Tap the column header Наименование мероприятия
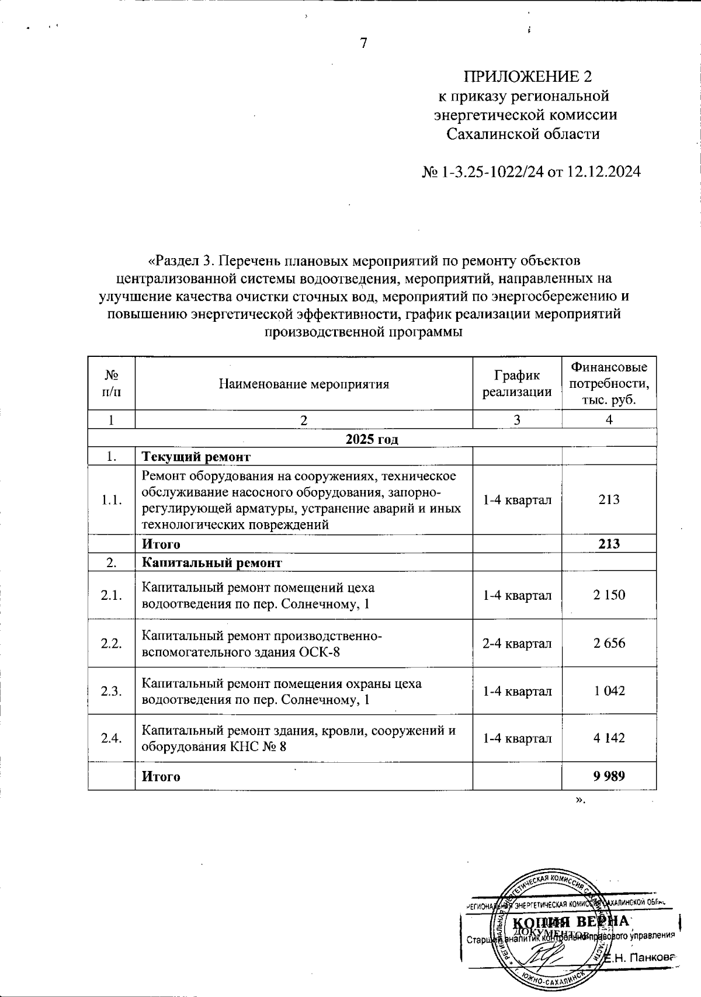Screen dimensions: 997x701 pyautogui.click(x=304, y=384)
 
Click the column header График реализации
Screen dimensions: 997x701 pyautogui.click(x=517, y=384)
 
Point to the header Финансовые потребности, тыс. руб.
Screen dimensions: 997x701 pyautogui.click(x=609, y=384)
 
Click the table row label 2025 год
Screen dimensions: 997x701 pyautogui.click(x=372, y=439)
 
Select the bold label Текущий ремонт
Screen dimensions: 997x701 pyautogui.click(x=196, y=457)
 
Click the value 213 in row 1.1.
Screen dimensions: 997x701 pyautogui.click(x=609, y=500)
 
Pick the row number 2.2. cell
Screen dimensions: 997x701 pyautogui.click(x=111, y=644)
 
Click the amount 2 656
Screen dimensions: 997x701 pyautogui.click(x=609, y=644)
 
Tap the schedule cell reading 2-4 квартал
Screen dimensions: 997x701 pyautogui.click(x=517, y=644)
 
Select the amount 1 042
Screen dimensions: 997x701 pyautogui.click(x=609, y=691)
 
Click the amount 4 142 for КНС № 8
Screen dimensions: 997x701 pyautogui.click(x=609, y=738)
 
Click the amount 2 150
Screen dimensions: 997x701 pyautogui.click(x=609, y=595)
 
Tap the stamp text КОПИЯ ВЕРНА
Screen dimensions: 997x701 pyautogui.click(x=571, y=922)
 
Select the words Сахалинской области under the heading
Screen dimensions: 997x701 pyautogui.click(x=523, y=134)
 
